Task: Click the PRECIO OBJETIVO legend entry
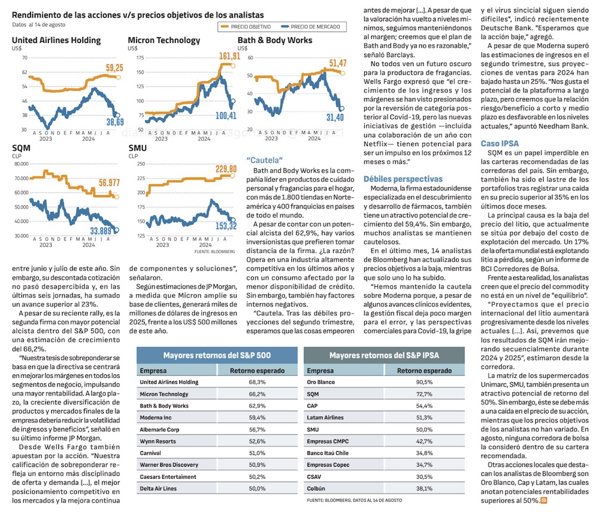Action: coord(250,27)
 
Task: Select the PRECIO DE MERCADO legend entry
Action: coord(315,27)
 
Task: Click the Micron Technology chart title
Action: coord(164,41)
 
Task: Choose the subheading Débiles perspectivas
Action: coord(403,178)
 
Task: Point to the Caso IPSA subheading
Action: coord(499,144)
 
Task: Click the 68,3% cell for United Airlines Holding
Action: coord(257,382)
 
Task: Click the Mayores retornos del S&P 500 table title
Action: coord(217,355)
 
